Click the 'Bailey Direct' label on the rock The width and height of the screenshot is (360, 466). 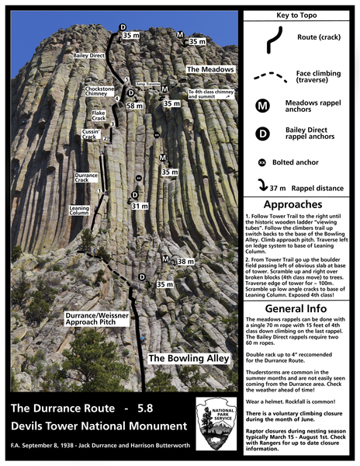pos(90,56)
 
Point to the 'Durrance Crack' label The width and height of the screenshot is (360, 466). pos(86,179)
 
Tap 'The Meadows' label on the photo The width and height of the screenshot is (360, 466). pos(210,69)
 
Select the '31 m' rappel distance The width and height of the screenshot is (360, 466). pos(140,206)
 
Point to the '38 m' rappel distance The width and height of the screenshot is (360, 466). pos(185,262)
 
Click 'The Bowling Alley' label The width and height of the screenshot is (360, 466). pos(189,358)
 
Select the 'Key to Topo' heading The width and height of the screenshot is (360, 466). pos(300,15)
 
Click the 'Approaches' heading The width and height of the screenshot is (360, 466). pos(299,199)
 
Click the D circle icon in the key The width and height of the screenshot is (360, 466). pos(262,134)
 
